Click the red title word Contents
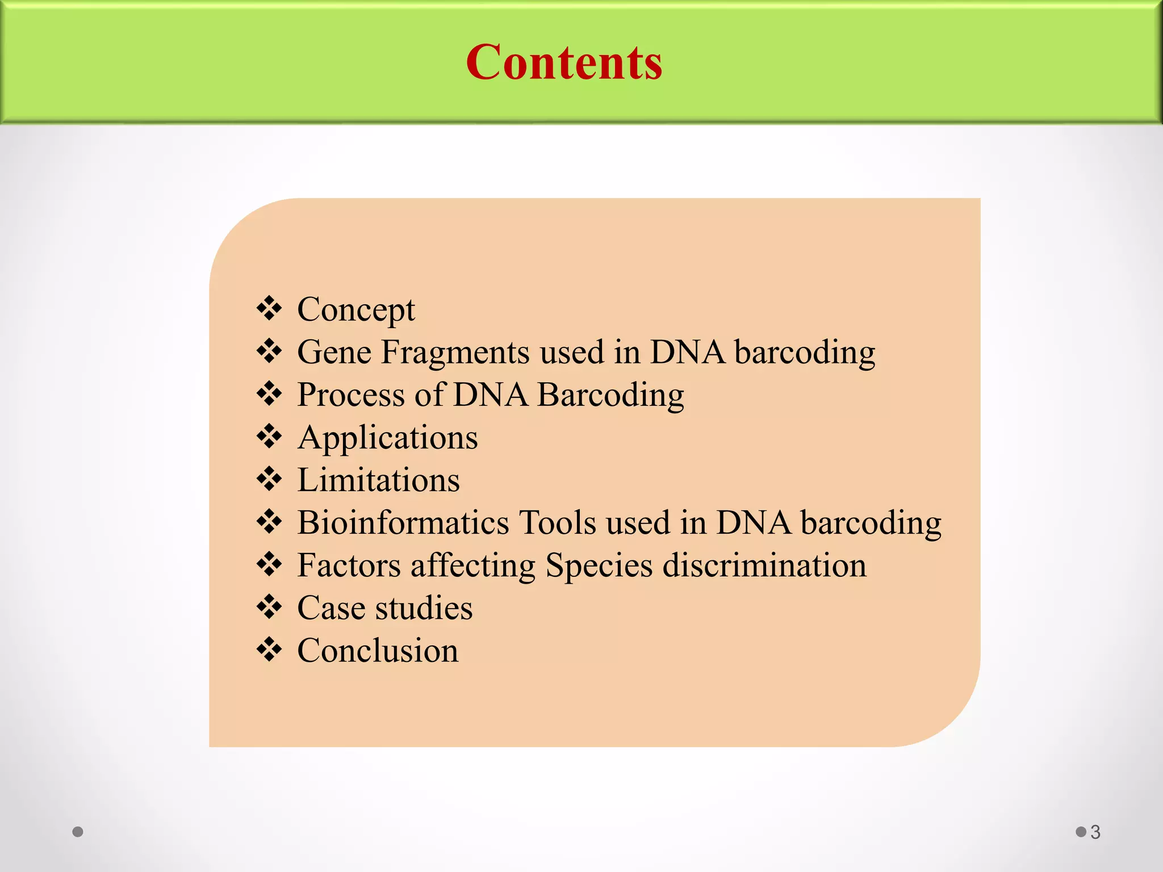click(564, 62)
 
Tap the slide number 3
click(1095, 832)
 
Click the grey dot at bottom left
click(78, 832)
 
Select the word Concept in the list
click(356, 310)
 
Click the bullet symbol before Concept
click(269, 308)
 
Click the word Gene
click(334, 352)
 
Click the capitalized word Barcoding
click(610, 395)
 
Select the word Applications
click(387, 438)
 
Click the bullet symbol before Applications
click(269, 436)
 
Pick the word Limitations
click(378, 480)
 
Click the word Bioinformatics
click(403, 522)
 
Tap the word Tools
click(557, 522)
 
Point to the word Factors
click(349, 565)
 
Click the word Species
click(599, 565)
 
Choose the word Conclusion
click(378, 651)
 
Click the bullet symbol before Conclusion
click(269, 649)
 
